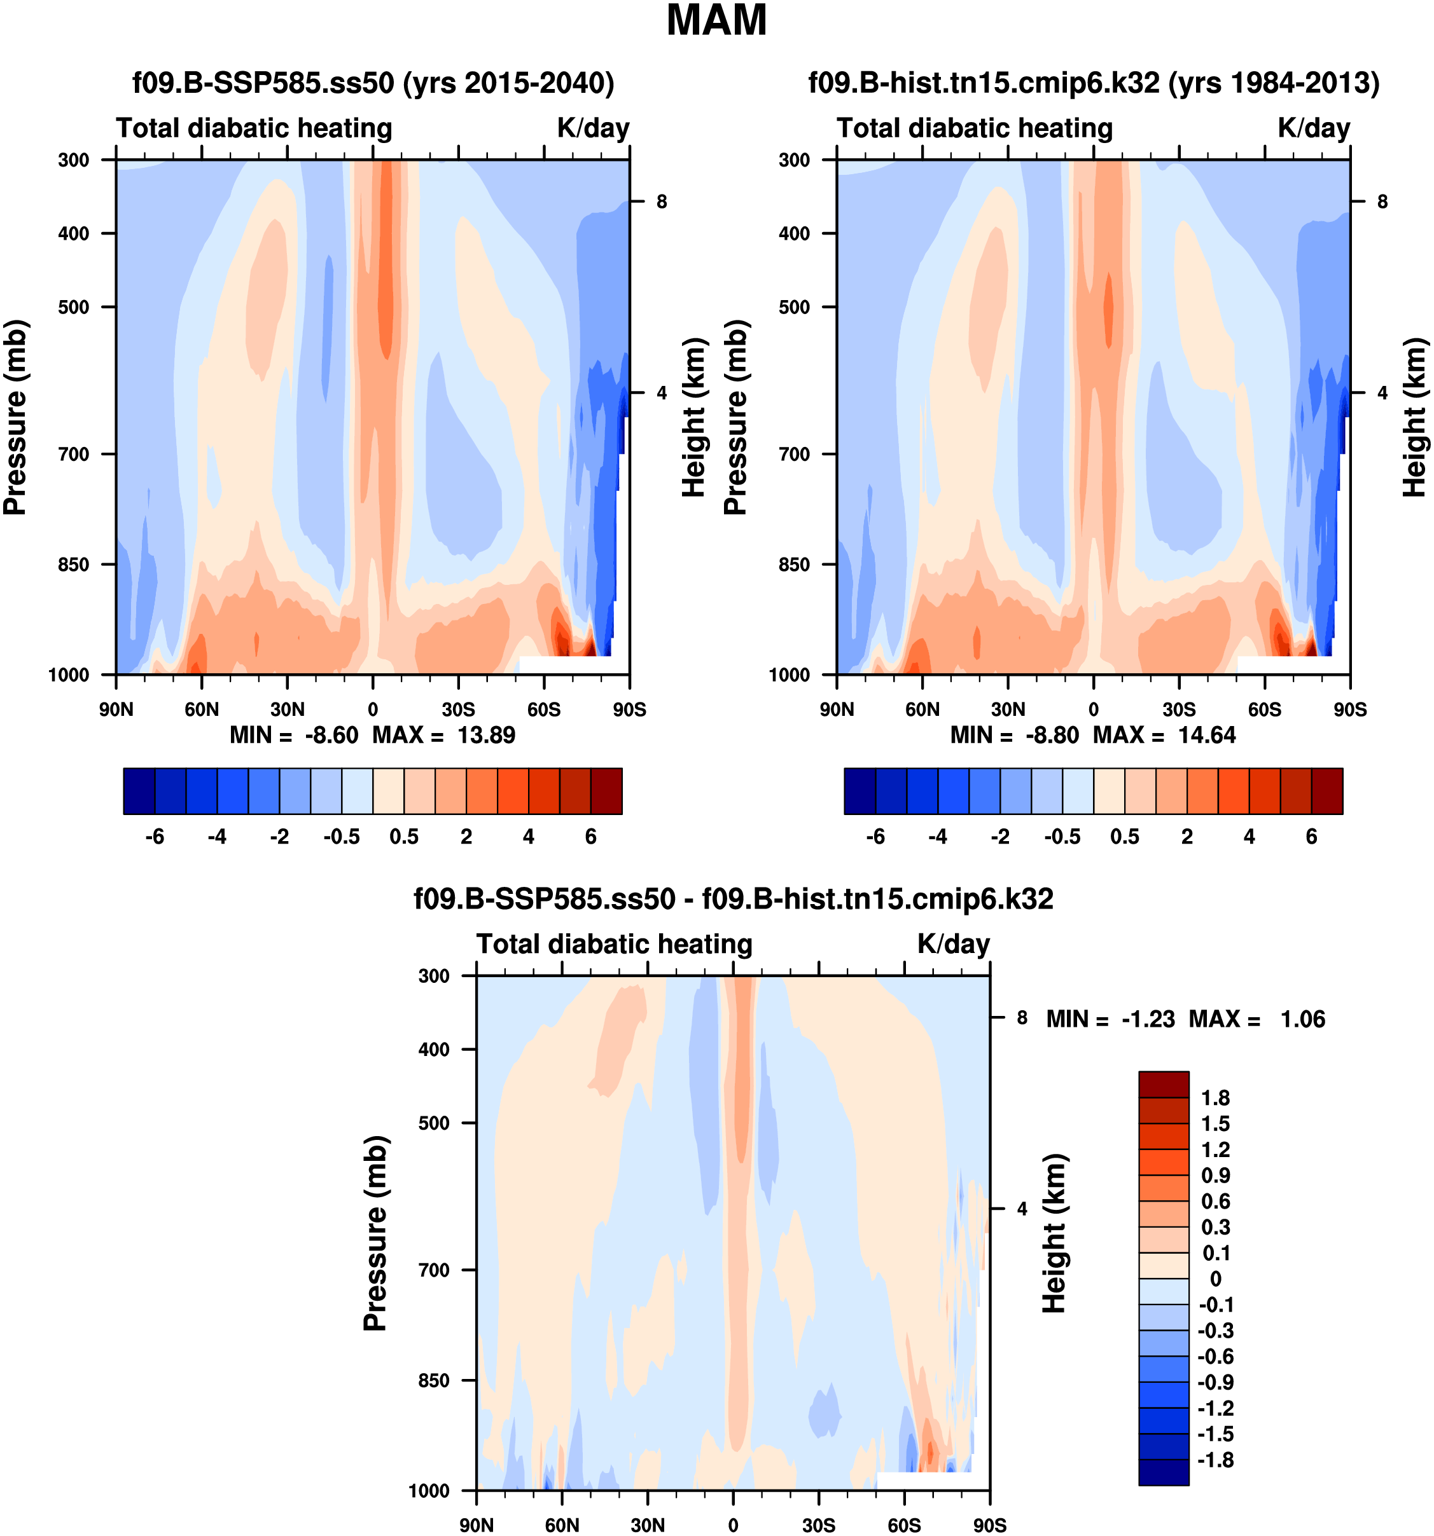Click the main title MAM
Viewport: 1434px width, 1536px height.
716,21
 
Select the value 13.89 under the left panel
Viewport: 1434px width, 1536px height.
485,735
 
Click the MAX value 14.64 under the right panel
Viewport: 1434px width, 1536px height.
1206,735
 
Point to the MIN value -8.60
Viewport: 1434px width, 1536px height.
331,735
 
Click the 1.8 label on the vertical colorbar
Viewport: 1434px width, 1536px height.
1215,1098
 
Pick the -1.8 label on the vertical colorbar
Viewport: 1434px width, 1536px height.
1215,1460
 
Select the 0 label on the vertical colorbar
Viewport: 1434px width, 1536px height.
1215,1280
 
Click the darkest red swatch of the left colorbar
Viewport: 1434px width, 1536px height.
606,791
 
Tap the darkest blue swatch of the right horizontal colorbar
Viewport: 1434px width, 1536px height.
860,791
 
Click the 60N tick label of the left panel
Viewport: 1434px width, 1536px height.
202,710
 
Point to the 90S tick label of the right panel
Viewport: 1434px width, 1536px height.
1350,710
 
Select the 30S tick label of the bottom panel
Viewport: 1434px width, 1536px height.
819,1525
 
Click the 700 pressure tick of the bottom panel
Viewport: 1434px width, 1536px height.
434,1270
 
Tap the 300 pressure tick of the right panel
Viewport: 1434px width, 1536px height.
794,160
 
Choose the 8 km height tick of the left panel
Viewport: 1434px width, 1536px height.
662,202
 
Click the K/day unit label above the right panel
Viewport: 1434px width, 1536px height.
1313,128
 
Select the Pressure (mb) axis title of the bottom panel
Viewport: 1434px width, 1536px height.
376,1233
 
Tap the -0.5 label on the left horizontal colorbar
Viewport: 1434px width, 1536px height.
342,837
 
